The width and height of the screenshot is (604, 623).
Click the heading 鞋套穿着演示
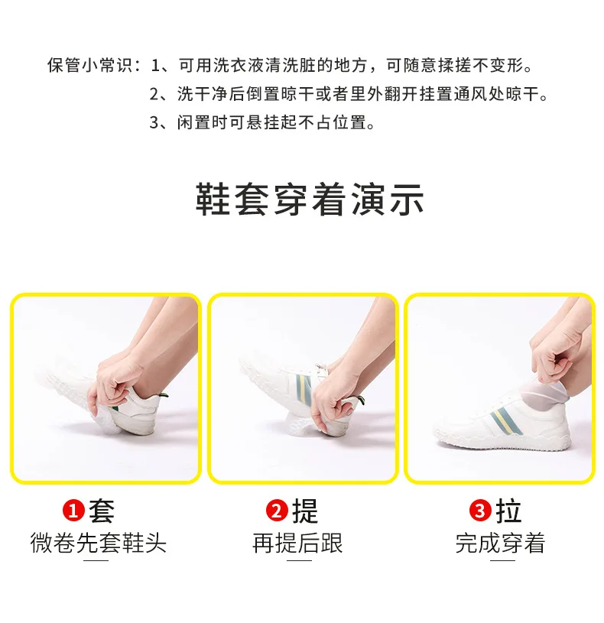[310, 200]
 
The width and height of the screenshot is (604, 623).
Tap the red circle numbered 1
[73, 511]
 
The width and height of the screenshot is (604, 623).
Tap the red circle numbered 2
[277, 511]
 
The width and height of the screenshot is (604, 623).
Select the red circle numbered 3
[480, 511]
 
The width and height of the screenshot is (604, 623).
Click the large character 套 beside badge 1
[102, 511]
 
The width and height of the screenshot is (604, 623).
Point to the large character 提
[305, 511]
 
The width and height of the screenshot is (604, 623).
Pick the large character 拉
[508, 511]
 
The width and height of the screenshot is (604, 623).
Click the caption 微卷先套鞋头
[98, 543]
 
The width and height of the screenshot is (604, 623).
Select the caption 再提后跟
[297, 543]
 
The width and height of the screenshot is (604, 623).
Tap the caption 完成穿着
[500, 543]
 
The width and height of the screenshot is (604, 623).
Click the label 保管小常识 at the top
[89, 65]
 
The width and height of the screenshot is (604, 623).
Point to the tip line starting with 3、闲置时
[262, 122]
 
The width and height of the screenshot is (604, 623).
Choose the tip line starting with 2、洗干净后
[349, 94]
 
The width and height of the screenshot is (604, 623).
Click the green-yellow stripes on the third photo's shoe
[506, 420]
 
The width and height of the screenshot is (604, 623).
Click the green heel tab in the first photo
[163, 395]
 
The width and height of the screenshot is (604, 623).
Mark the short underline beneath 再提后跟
[299, 560]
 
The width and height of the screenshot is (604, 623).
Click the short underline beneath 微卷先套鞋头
[96, 560]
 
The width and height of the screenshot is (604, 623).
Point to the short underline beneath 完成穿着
[502, 560]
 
